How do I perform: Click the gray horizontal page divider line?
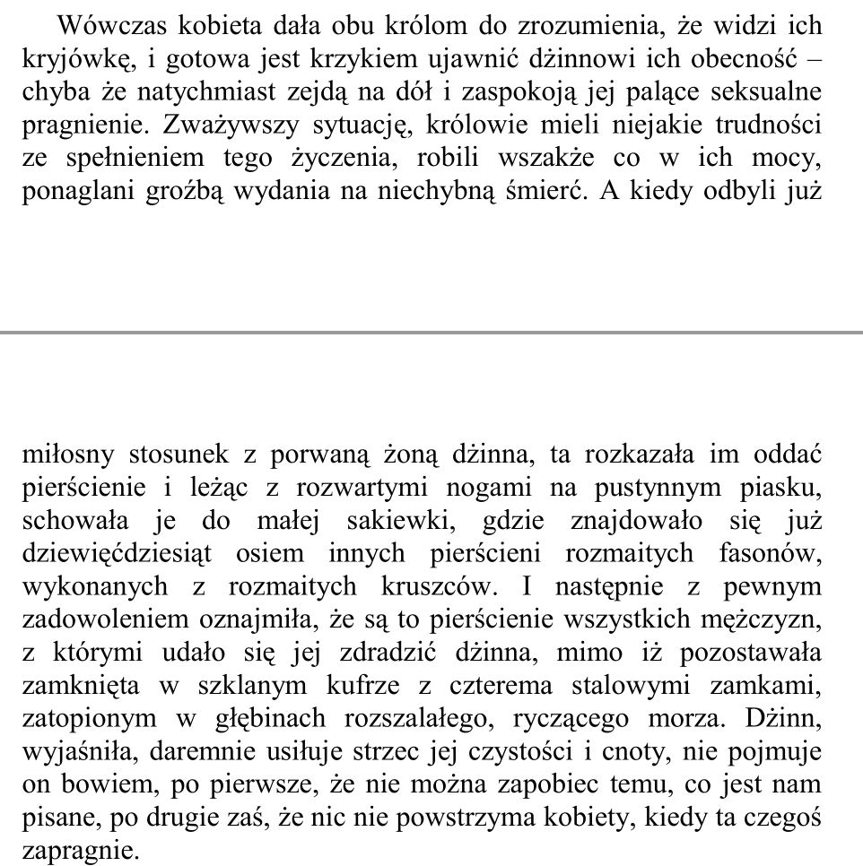pos(431,333)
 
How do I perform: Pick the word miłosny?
pos(69,455)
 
